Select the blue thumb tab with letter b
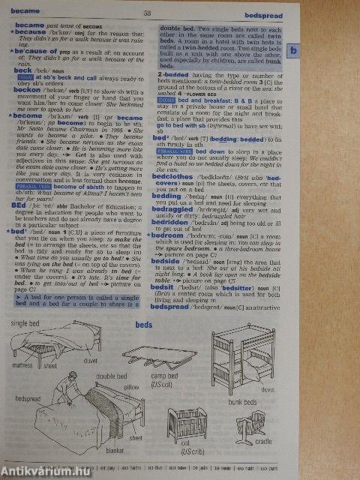295,51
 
